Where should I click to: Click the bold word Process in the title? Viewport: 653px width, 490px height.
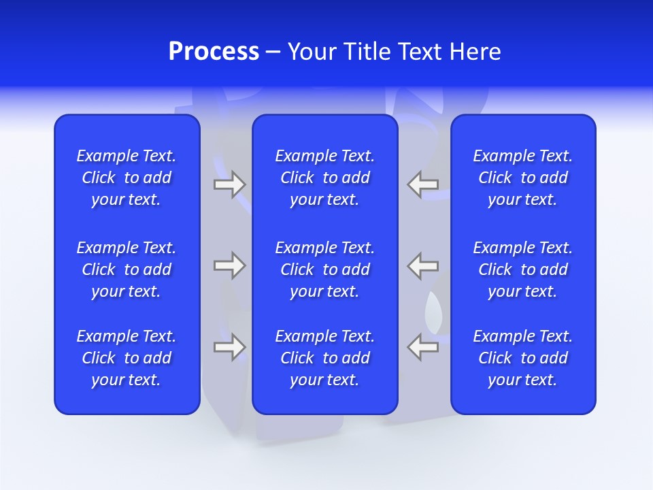click(214, 52)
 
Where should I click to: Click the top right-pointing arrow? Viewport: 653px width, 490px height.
click(229, 184)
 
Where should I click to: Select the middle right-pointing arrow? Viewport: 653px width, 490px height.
click(229, 265)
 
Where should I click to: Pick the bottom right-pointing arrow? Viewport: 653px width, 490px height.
click(229, 346)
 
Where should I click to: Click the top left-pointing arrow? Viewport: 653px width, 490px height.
click(423, 184)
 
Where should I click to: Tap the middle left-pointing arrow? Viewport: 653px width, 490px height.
click(423, 265)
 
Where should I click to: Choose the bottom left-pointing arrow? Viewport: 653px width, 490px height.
click(423, 346)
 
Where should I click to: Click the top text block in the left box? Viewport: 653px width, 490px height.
click(127, 178)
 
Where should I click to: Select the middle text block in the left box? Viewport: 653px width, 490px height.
click(127, 269)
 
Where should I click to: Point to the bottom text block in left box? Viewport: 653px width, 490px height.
click(127, 358)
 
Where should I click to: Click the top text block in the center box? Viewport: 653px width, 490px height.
click(324, 178)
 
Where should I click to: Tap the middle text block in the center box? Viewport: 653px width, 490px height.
click(324, 269)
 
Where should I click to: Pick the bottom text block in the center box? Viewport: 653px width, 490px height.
click(324, 358)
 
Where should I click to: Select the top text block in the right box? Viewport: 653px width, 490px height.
click(522, 178)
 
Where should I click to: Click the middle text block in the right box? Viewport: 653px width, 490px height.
click(522, 269)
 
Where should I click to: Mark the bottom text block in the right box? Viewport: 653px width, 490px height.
click(522, 358)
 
